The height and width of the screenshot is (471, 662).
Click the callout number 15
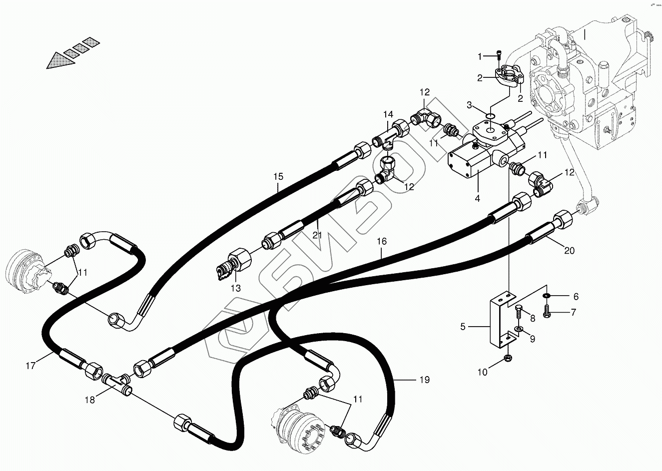[x=278, y=176]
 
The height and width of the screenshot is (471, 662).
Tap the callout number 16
[x=381, y=241]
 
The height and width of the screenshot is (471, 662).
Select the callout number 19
[x=424, y=380]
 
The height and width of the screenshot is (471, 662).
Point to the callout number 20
[x=569, y=251]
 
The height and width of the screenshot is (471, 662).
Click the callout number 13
[x=235, y=288]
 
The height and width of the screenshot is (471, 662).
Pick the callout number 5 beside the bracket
[x=463, y=327]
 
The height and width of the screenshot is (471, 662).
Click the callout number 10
[x=482, y=372]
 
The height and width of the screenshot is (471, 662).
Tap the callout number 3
[x=469, y=104]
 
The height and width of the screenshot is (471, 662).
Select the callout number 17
[x=30, y=366]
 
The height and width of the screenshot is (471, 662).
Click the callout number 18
[x=89, y=400]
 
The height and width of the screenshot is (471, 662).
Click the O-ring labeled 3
[x=491, y=116]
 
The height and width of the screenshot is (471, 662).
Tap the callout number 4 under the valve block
[x=478, y=198]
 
